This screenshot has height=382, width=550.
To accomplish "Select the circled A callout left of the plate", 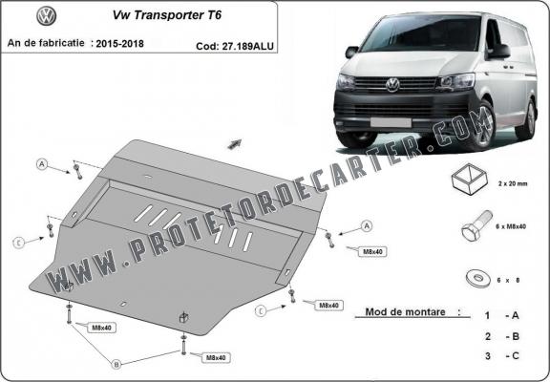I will pos(42,163).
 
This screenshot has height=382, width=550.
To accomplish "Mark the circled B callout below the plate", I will pos(116,363).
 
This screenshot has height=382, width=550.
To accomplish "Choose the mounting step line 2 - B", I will pos(502,336).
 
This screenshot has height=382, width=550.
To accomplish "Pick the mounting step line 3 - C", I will pos(502,356).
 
